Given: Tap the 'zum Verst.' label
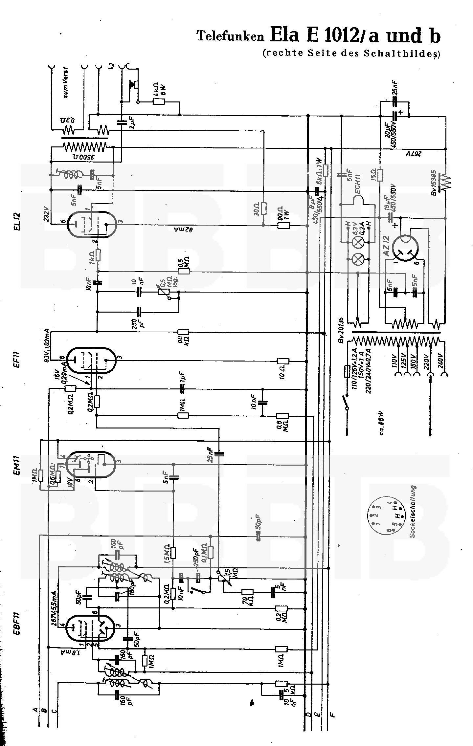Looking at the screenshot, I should (67, 84).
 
